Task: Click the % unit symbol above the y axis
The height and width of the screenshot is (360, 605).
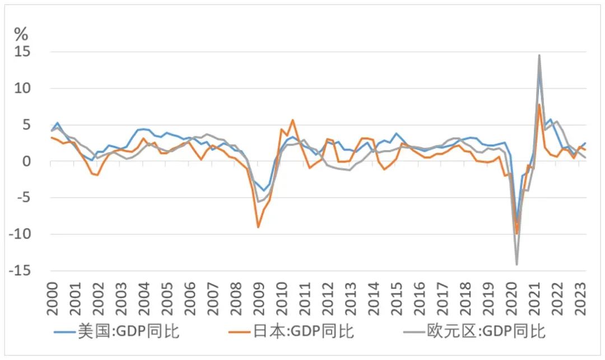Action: click(21, 34)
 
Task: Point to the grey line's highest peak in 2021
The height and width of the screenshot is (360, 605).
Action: click(539, 55)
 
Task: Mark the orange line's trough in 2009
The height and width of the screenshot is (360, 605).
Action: click(258, 227)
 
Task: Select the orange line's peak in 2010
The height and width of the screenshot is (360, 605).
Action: click(292, 120)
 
